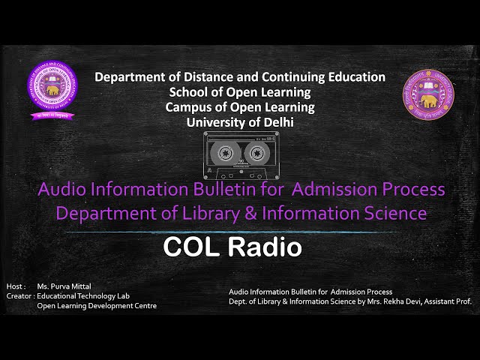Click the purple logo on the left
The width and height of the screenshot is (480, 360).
click(52, 91)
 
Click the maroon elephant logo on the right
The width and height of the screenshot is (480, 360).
click(428, 94)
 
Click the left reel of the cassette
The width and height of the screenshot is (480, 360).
click(224, 153)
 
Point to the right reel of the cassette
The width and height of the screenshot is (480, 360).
click(255, 153)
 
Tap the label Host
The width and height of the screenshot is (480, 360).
click(15, 286)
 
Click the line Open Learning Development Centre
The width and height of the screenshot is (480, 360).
click(97, 306)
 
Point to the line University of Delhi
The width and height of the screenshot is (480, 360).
click(239, 121)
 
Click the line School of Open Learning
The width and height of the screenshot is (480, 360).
click(239, 91)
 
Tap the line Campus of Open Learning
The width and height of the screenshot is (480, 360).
click(239, 106)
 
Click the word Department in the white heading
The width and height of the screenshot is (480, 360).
click(133, 76)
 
